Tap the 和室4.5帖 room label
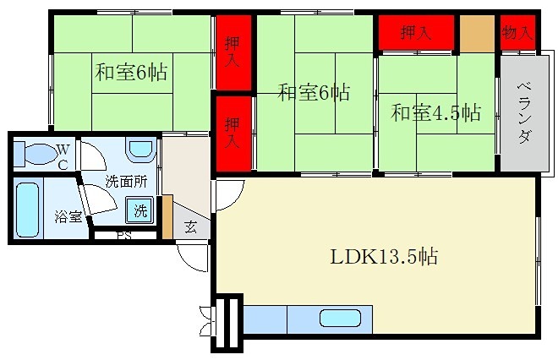[435, 112]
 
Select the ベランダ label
[522, 113]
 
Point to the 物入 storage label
[517, 33]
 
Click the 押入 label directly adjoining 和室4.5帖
[416, 33]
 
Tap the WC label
[63, 157]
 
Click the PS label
[123, 236]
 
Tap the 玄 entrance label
[191, 226]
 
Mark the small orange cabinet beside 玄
[167, 215]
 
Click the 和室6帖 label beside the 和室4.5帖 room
[314, 93]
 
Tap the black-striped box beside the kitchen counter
[227, 323]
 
